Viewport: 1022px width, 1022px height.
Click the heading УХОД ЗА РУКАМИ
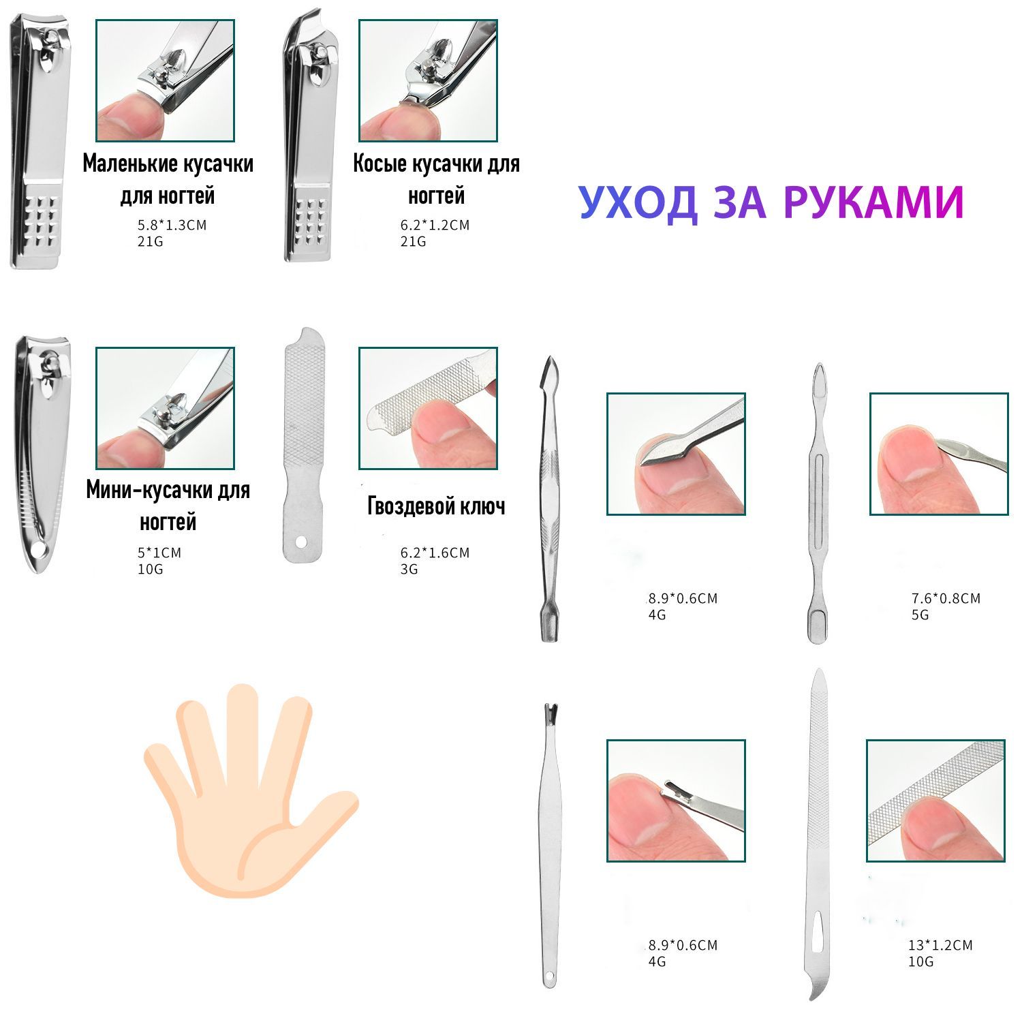point(771,202)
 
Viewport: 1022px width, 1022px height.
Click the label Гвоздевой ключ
point(436,506)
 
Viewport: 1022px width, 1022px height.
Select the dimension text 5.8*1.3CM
point(172,225)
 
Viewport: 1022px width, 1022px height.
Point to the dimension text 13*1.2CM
point(940,945)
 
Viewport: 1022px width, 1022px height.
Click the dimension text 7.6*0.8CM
point(946,598)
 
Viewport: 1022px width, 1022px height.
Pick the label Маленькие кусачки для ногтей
point(168,179)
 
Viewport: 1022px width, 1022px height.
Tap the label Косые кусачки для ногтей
point(436,179)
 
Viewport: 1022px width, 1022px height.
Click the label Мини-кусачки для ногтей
point(168,506)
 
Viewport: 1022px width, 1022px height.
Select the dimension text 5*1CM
point(159,553)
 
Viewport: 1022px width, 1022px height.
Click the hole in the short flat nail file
point(302,542)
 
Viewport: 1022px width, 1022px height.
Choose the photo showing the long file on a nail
point(935,801)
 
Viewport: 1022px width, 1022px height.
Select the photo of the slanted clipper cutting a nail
point(428,80)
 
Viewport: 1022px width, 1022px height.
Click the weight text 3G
point(409,569)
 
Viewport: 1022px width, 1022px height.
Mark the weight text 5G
point(920,615)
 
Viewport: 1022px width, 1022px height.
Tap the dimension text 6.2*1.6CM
point(435,553)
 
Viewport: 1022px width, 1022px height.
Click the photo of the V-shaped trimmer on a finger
point(676,801)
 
